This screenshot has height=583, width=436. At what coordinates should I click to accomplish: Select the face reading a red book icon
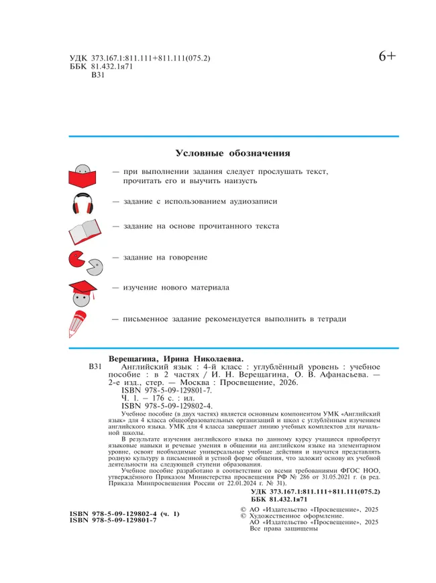[83, 176]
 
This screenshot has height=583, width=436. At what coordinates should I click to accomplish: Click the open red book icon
[84, 231]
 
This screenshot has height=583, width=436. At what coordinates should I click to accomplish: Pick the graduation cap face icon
[83, 290]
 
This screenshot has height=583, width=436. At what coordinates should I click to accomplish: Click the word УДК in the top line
[78, 58]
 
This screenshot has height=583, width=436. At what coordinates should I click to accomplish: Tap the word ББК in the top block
[78, 68]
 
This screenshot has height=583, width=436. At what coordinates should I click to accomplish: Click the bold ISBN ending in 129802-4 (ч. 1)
[124, 514]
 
